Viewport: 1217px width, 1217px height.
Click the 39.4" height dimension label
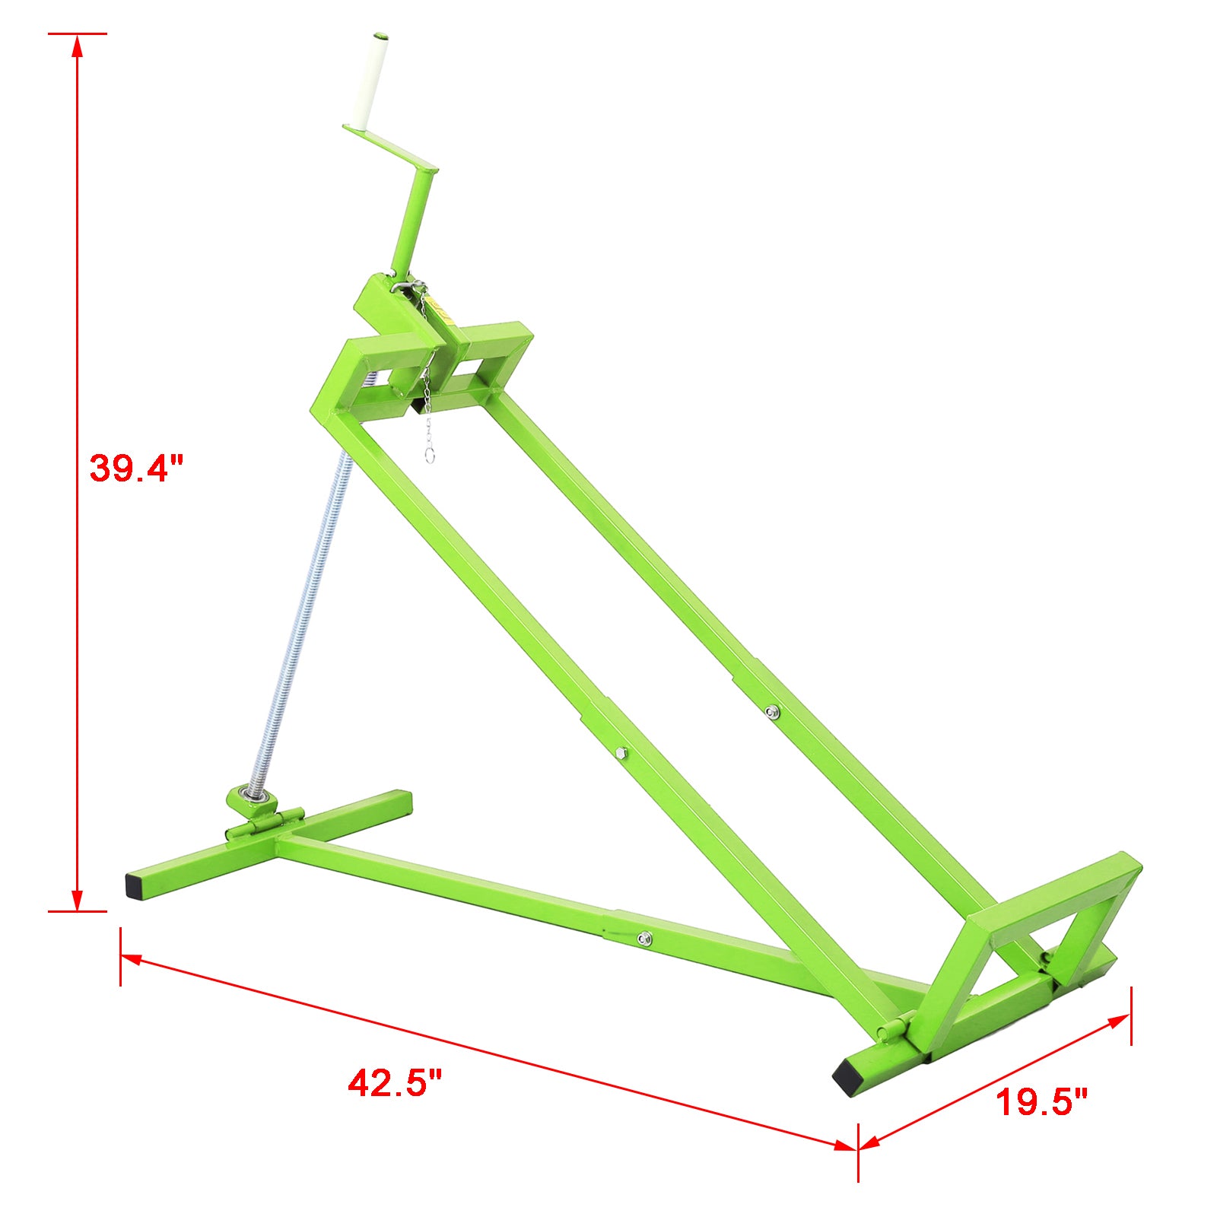137,468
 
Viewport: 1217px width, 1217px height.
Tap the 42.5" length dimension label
395,1082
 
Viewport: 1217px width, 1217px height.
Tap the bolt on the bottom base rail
644,938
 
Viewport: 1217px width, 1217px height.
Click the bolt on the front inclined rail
620,753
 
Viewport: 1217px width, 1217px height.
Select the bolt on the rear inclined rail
773,712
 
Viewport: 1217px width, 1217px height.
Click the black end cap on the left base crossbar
135,884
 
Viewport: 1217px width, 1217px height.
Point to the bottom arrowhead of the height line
76,901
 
